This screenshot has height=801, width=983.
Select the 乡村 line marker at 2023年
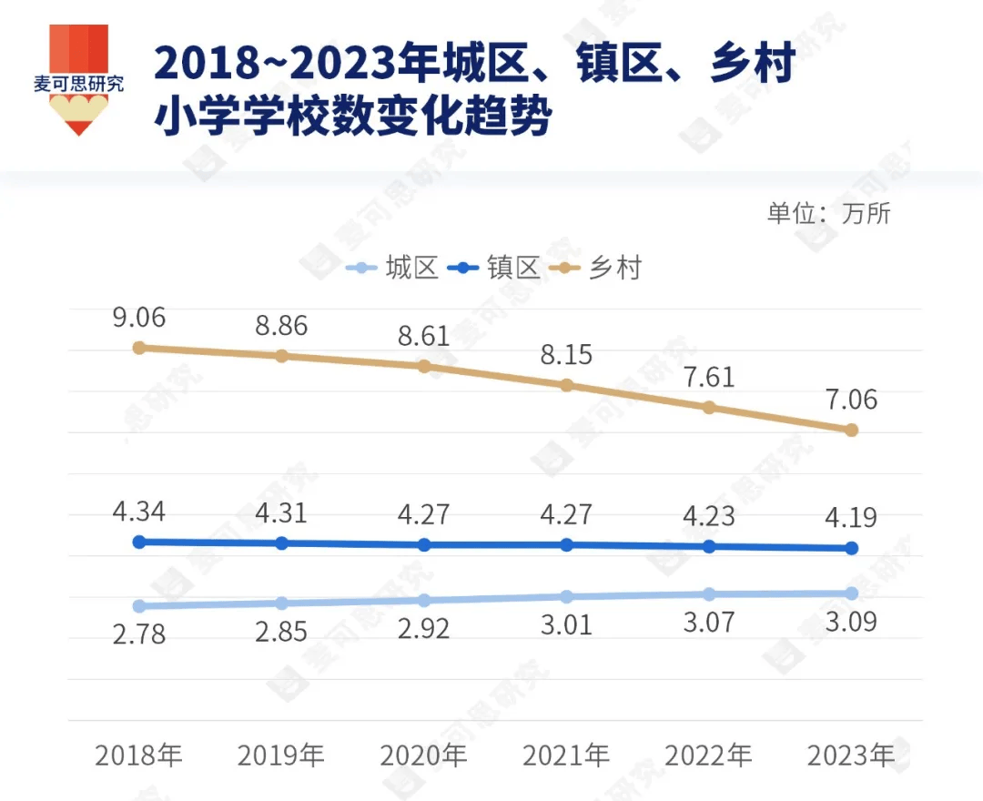851,430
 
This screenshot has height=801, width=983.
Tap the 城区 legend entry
395,269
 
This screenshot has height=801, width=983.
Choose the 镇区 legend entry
498,269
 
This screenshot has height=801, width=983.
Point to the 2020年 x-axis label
423,755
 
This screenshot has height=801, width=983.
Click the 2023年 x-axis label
851,755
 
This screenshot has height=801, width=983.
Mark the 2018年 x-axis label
139,755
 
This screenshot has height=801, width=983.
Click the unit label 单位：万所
828,213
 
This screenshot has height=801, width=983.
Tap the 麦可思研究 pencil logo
78,80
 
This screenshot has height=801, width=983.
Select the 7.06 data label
851,399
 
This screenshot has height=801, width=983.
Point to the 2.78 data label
139,634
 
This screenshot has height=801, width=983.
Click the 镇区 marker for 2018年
139,542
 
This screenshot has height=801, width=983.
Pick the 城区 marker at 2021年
566,596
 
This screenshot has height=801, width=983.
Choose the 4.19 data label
851,518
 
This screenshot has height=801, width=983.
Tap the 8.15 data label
566,354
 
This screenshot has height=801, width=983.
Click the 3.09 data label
851,624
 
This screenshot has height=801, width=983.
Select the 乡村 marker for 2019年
281,355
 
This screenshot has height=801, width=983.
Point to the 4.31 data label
281,512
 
